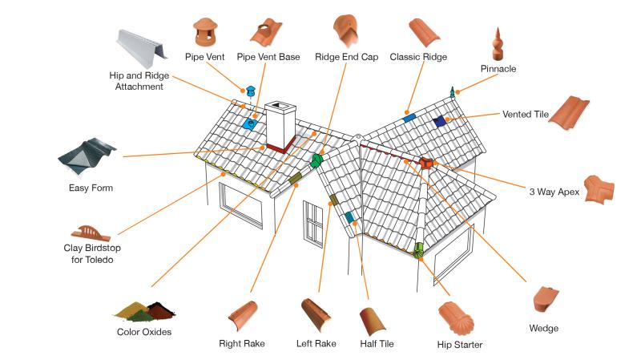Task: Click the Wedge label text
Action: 544,328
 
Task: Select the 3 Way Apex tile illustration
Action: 599,192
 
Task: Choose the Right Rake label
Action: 242,344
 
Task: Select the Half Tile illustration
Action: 373,321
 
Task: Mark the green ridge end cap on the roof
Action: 317,160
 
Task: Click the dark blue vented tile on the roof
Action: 438,121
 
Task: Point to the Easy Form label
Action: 91,188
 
